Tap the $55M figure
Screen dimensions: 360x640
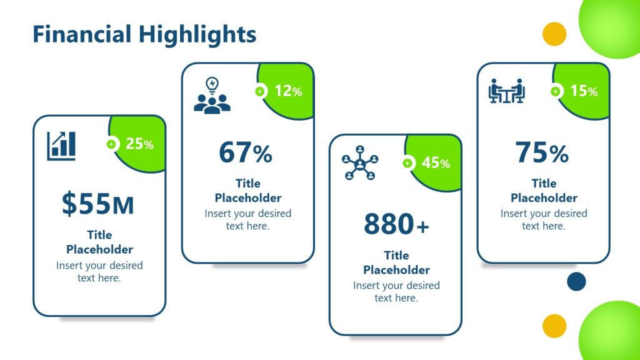click(98, 204)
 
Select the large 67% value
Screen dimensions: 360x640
click(246, 152)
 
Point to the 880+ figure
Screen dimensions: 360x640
click(396, 224)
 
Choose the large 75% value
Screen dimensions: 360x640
click(542, 152)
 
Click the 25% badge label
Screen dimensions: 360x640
click(139, 144)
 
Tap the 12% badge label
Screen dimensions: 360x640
click(288, 91)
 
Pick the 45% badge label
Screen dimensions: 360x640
click(436, 163)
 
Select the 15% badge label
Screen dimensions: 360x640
click(584, 91)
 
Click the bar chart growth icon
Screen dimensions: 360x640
click(61, 146)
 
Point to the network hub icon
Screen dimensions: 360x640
click(360, 163)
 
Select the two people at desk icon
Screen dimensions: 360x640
click(506, 91)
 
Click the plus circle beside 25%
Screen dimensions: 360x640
click(111, 144)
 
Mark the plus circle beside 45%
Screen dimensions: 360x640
click(407, 163)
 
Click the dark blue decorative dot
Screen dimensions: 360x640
click(576, 282)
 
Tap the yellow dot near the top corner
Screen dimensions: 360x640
click(554, 34)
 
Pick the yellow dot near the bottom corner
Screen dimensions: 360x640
click(554, 326)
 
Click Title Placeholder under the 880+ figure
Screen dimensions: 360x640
click(396, 262)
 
